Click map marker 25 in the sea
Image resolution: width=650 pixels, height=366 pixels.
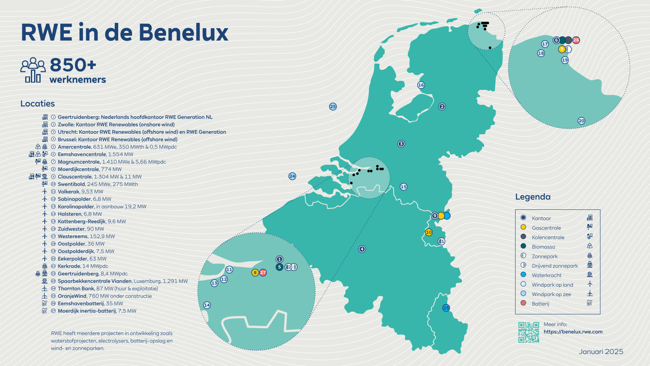point(333,107)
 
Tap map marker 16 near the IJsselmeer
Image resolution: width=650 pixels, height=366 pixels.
point(421,85)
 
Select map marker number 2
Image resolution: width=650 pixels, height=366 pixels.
point(442,107)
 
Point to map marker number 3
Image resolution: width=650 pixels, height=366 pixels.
point(401,144)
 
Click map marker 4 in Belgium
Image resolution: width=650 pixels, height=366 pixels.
point(362,249)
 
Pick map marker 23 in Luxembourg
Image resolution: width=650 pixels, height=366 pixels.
point(446,308)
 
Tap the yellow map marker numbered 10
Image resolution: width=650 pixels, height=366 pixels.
point(429,232)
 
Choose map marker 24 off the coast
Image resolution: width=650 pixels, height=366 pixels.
point(292,176)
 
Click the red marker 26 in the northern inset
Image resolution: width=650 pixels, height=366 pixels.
point(576,40)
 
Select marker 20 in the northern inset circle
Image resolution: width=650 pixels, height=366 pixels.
point(581,121)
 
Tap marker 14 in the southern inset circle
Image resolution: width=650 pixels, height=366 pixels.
point(207,305)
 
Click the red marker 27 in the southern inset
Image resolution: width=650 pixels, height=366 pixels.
point(263,272)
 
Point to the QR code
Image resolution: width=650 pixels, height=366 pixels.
point(529,332)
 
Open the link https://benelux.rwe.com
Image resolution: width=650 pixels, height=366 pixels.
point(573,332)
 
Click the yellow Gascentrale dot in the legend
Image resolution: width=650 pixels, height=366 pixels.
point(523,227)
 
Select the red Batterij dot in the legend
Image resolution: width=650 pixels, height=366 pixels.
point(523,303)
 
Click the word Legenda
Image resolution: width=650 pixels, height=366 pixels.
point(533,197)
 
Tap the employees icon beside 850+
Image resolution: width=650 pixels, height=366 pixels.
point(33,70)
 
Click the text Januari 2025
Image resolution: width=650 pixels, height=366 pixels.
point(601,352)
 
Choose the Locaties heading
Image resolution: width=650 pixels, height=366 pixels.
point(37,104)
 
